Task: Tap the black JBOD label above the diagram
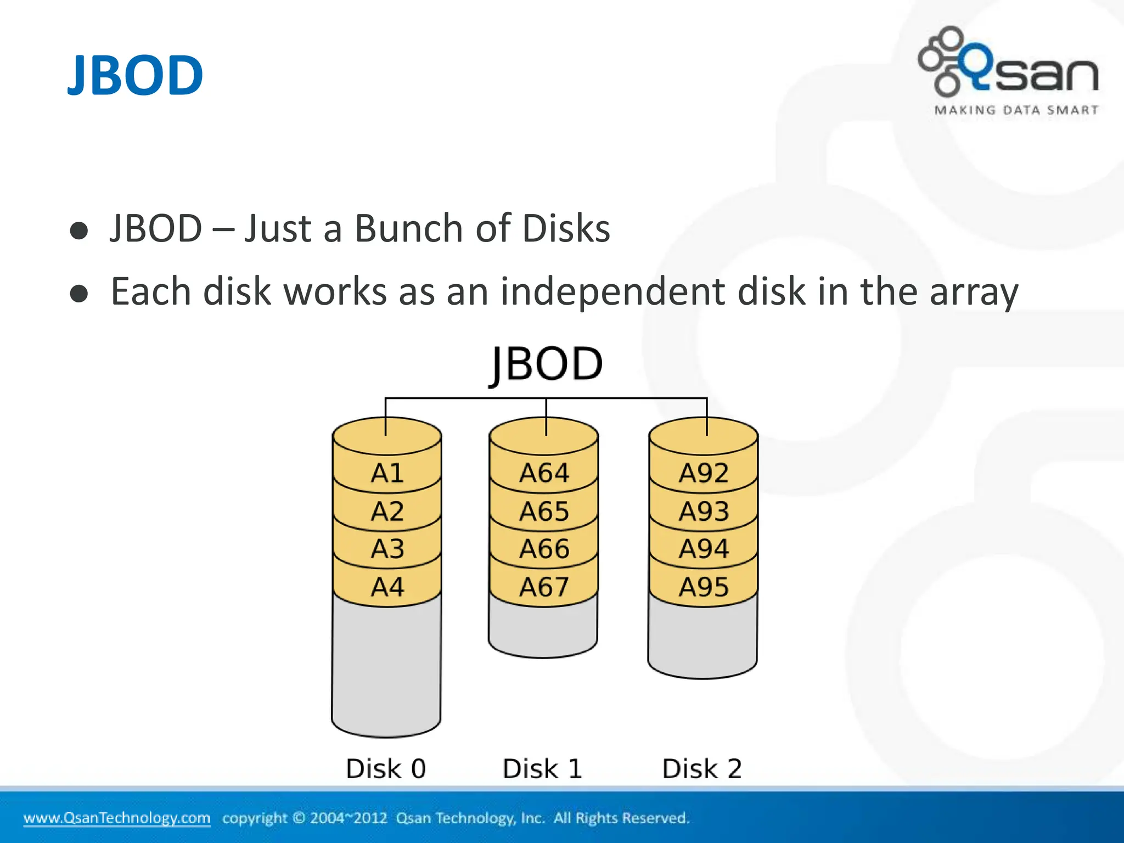coord(546,364)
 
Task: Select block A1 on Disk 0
coord(387,473)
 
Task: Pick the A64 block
coord(544,473)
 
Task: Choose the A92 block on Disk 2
coord(703,473)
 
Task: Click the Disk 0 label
coord(386,768)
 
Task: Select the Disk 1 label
coord(542,768)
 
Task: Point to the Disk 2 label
coord(702,768)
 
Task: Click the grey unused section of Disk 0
coord(386,670)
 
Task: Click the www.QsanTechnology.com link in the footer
coord(116,818)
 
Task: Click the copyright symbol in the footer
coord(299,818)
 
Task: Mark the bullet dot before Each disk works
coord(79,294)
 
